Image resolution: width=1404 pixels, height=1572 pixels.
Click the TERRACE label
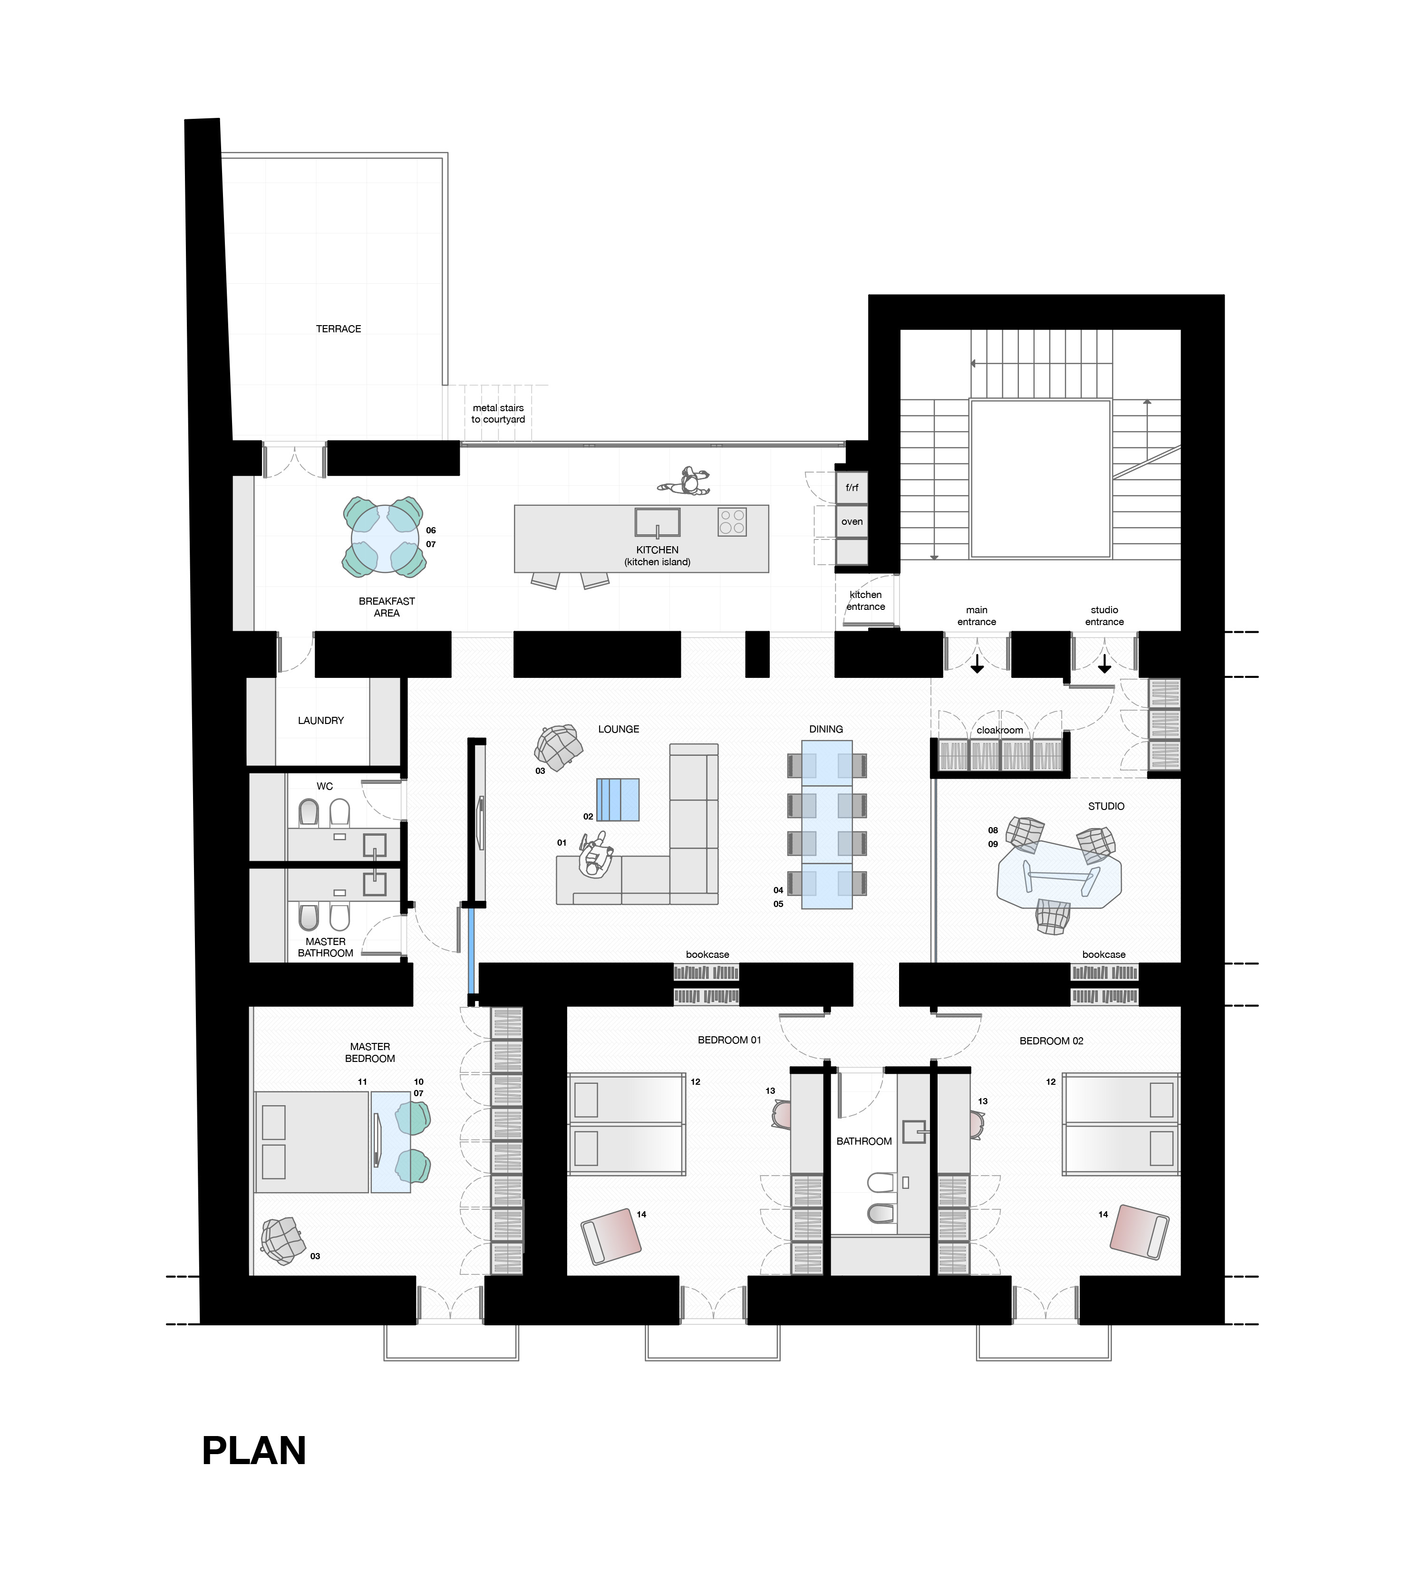click(339, 328)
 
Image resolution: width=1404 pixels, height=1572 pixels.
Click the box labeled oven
click(852, 521)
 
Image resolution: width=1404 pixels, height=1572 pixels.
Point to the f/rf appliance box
click(852, 488)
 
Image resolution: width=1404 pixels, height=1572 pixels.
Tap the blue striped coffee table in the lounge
click(618, 799)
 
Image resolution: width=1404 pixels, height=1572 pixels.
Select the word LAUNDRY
click(321, 721)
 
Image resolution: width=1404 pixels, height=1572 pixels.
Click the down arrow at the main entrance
click(977, 663)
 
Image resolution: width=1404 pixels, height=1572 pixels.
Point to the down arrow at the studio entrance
click(1104, 663)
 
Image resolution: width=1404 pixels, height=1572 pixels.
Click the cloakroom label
click(1000, 730)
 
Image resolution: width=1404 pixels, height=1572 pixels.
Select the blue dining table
click(827, 825)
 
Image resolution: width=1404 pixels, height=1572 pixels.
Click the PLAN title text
click(254, 1451)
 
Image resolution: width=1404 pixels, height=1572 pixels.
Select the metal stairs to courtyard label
click(498, 414)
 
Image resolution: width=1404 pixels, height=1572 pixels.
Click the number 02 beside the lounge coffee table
click(588, 816)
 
